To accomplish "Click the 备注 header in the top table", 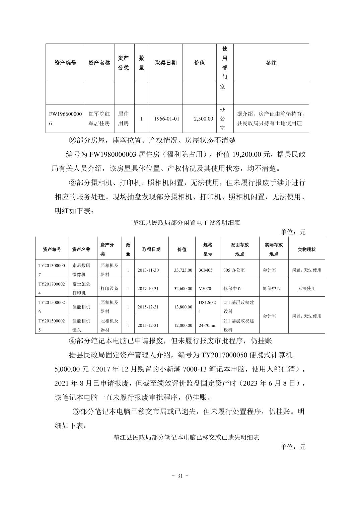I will click(x=271, y=63).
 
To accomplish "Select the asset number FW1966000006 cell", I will click(x=65, y=119).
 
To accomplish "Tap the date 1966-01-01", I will click(x=166, y=119).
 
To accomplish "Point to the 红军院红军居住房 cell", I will click(x=99, y=119).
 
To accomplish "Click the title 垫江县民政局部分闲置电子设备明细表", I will click(x=187, y=222).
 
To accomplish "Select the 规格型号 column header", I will click(x=208, y=249).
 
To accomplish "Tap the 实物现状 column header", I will click(x=306, y=249).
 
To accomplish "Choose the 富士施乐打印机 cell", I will click(x=81, y=288).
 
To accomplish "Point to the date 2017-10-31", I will click(x=148, y=288).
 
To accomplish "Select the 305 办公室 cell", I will click(x=234, y=270).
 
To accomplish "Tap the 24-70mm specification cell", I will click(x=208, y=325).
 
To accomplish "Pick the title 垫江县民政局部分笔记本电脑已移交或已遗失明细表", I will click(x=187, y=437).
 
